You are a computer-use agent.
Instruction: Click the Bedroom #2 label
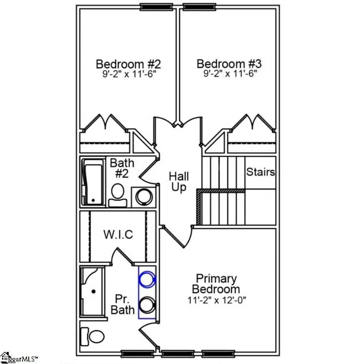point(128,64)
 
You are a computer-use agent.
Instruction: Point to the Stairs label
point(260,172)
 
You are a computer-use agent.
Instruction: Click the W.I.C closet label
point(118,234)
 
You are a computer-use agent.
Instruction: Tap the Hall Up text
point(178,182)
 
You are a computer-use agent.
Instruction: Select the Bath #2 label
point(119,167)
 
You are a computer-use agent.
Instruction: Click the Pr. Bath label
point(125,304)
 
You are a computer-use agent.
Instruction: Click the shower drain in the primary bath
point(94,291)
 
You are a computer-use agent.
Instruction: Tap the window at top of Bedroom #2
point(156,7)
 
